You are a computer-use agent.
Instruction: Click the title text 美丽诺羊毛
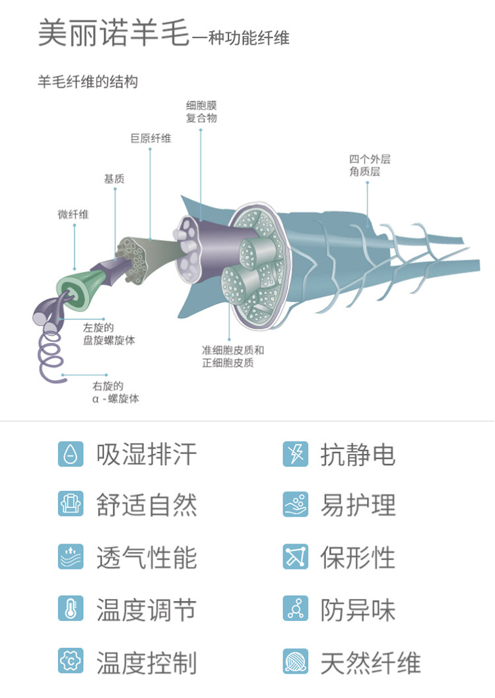(114, 34)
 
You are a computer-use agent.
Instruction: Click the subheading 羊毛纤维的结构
(88, 82)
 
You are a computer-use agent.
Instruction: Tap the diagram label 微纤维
(73, 214)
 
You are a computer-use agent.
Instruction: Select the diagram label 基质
(114, 179)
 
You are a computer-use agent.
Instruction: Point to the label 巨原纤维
(150, 139)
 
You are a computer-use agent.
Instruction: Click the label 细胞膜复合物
(201, 111)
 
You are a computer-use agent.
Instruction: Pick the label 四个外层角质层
(370, 166)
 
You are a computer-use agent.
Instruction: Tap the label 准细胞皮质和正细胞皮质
(232, 356)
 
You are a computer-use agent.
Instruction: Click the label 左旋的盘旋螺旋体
(109, 334)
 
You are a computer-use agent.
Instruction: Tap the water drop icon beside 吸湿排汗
(71, 454)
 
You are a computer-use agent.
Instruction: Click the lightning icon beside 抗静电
(295, 454)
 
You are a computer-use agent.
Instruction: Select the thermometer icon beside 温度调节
(71, 608)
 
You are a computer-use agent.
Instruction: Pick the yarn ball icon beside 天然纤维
(295, 662)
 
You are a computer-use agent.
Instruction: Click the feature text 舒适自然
(147, 505)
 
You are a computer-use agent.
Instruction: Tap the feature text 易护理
(358, 505)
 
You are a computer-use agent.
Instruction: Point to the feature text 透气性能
(147, 557)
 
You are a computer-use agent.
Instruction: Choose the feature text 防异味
(358, 609)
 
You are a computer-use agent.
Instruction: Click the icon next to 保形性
(295, 557)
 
